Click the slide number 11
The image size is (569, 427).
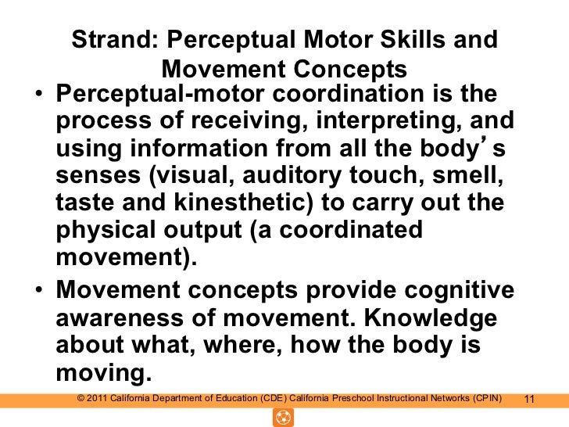pyautogui.click(x=528, y=400)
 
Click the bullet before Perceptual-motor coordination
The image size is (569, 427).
pyautogui.click(x=38, y=97)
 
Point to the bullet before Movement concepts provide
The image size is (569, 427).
pyautogui.click(x=38, y=292)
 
